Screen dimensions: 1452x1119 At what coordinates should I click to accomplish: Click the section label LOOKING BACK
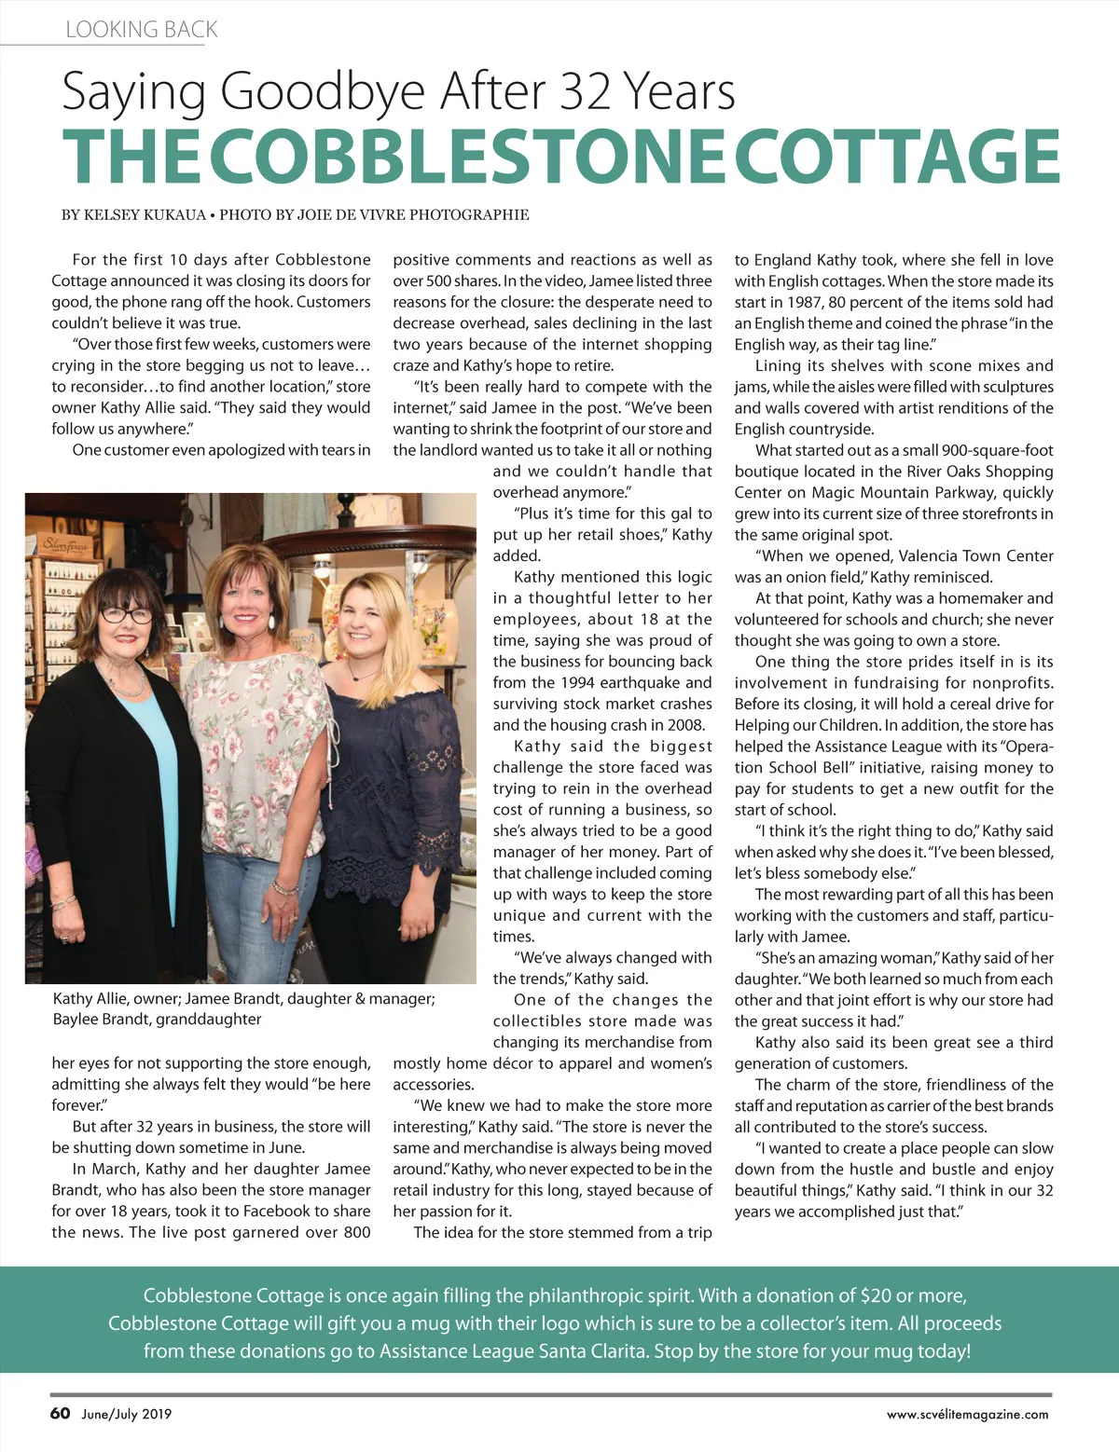(141, 30)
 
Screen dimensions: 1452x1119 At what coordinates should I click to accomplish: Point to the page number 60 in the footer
(60, 1413)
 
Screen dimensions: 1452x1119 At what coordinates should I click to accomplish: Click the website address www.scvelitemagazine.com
(967, 1414)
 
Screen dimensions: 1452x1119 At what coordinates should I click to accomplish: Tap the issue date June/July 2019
(126, 1414)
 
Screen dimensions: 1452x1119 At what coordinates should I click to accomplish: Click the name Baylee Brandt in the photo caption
(101, 1020)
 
